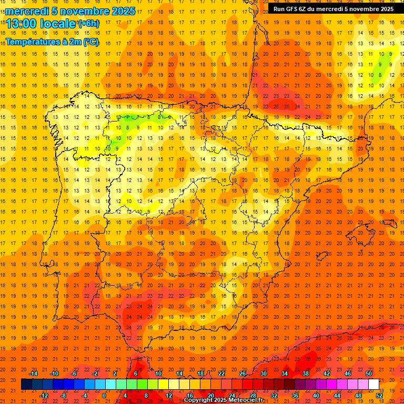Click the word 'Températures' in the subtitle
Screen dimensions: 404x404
pos(31,42)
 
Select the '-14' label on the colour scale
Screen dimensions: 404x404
pos(33,373)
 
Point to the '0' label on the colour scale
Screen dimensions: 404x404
pos(104,396)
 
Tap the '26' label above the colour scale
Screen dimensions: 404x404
pos(243,373)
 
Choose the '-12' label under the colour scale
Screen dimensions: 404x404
pos(44,396)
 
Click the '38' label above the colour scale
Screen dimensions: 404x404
pos(306,373)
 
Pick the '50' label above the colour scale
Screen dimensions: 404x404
pos(369,373)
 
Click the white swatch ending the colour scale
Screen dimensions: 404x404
pos(373,385)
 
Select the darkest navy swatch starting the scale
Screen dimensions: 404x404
pos(26,385)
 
